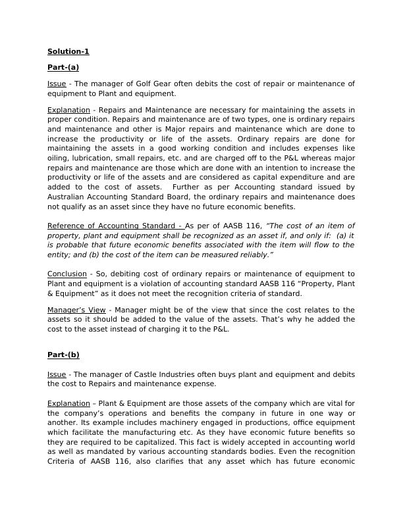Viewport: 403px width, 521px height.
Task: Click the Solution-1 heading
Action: click(68, 51)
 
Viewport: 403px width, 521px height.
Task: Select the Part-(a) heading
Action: click(63, 67)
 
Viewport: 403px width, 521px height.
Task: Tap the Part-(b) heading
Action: click(63, 355)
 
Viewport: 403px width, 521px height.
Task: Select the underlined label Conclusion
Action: click(67, 274)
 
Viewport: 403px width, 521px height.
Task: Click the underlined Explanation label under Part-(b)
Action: click(68, 403)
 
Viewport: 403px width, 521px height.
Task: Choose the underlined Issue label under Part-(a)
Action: click(57, 84)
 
